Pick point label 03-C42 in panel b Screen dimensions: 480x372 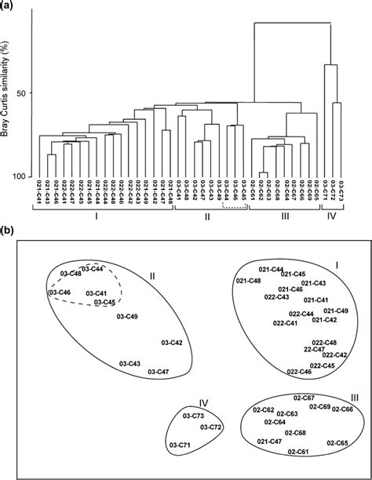171,343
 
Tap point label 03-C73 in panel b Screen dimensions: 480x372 192,415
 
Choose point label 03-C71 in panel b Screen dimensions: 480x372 181,445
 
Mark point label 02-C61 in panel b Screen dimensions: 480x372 297,451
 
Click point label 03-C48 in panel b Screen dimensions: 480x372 69,273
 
